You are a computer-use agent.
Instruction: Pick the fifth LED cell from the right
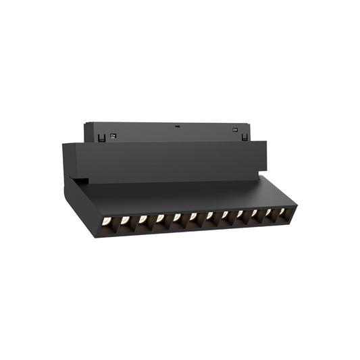coord(225,215)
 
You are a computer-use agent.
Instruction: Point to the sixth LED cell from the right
coord(209,216)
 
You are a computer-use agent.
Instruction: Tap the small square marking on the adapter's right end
coord(234,130)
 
